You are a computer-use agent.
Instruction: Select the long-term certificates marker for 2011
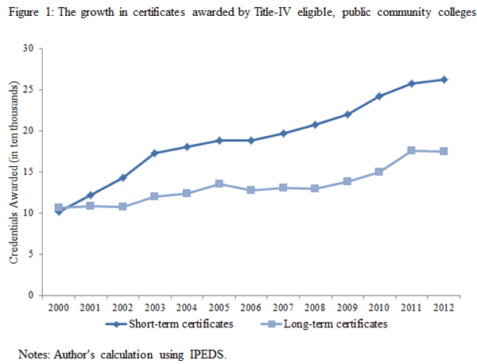click(411, 150)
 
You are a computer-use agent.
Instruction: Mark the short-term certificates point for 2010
click(378, 96)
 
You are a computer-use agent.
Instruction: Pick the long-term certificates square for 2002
click(122, 207)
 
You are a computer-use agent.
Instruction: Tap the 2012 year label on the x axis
click(444, 308)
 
